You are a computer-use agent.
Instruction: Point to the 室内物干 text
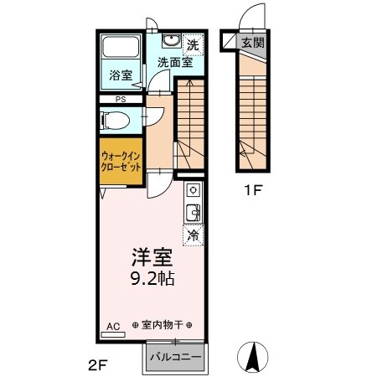(162, 325)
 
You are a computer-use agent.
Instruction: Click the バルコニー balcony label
(176, 357)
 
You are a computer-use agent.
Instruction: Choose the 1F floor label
(254, 190)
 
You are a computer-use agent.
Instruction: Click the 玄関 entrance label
(252, 43)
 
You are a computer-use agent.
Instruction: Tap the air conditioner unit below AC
(112, 334)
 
